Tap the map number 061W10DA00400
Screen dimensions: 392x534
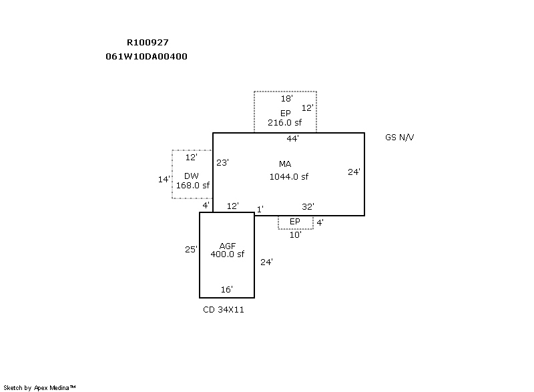tap(146, 57)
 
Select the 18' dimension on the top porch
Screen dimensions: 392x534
tap(286, 98)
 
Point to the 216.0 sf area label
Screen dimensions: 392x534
tap(285, 123)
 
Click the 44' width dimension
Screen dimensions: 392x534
tap(292, 139)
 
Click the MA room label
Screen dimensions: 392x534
tap(285, 164)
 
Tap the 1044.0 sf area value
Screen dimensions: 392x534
tap(288, 177)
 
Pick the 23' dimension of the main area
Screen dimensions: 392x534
tap(223, 162)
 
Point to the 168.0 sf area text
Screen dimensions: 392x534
tap(193, 186)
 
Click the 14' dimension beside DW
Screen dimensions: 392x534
tap(164, 180)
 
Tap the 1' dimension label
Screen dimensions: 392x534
tap(260, 210)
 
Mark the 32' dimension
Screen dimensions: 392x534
tap(308, 207)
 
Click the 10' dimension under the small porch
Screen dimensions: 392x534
tap(295, 235)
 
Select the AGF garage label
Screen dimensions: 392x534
tap(228, 246)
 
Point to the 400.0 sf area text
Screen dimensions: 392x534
tap(228, 254)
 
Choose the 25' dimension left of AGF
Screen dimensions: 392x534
tap(191, 250)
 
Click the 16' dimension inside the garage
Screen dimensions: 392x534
tap(226, 290)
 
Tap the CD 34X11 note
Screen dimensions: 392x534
tap(224, 311)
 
